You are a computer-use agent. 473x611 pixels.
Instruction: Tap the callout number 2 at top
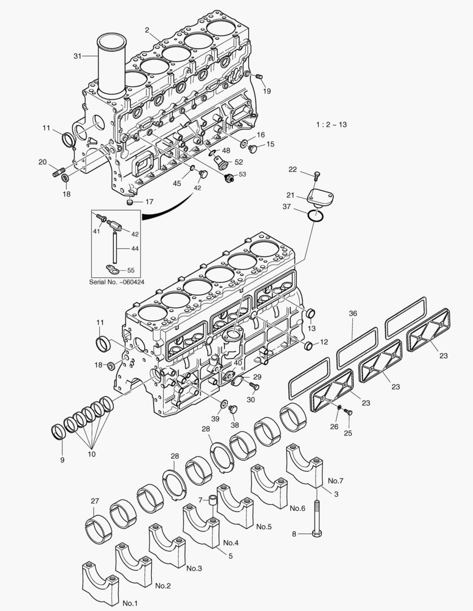[147, 29]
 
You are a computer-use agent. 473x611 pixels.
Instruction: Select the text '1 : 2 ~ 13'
[331, 124]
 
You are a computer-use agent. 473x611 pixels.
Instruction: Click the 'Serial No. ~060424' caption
[117, 281]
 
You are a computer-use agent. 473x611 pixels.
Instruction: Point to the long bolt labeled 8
[317, 515]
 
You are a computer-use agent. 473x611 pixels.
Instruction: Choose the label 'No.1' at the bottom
[130, 603]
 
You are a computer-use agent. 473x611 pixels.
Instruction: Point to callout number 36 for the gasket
[352, 313]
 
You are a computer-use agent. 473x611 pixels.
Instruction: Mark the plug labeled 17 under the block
[130, 201]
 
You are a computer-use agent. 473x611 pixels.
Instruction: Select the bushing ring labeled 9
[58, 432]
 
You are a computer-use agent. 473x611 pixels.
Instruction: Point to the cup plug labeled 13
[310, 314]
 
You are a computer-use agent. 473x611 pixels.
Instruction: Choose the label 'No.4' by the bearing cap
[231, 543]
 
